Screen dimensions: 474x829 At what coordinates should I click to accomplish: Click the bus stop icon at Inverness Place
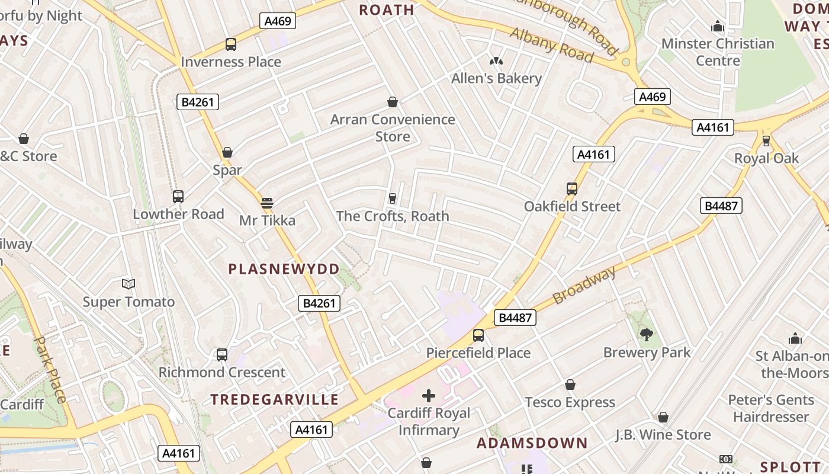click(x=231, y=44)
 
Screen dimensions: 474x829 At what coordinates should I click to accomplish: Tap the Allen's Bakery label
click(x=496, y=78)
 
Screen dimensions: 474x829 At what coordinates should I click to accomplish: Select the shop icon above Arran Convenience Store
click(x=392, y=103)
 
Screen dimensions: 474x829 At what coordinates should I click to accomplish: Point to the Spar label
click(x=227, y=170)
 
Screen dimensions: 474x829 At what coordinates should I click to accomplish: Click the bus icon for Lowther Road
click(x=178, y=197)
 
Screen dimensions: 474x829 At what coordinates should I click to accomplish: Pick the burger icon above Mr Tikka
click(x=267, y=203)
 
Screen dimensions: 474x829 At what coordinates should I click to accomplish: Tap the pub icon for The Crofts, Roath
click(x=392, y=198)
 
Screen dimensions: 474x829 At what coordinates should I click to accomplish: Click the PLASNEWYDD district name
click(x=284, y=269)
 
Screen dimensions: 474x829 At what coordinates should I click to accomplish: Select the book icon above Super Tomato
click(x=128, y=284)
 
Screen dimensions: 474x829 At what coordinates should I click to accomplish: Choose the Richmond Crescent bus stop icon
click(x=222, y=355)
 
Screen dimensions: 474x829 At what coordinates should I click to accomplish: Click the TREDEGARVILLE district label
click(x=275, y=399)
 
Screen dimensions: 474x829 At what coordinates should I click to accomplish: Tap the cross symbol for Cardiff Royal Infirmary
click(x=429, y=395)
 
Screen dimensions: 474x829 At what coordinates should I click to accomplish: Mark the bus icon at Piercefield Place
click(x=478, y=335)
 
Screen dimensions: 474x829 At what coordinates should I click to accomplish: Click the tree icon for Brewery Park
click(x=647, y=335)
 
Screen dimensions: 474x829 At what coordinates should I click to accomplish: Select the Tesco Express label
click(x=570, y=403)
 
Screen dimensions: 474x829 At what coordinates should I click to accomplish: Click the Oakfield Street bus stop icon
click(x=572, y=189)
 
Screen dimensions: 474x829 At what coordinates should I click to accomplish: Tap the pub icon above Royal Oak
click(x=766, y=141)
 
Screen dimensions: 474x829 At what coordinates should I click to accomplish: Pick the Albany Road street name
click(x=551, y=45)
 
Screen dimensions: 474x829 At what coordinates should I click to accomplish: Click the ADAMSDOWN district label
click(x=532, y=443)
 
